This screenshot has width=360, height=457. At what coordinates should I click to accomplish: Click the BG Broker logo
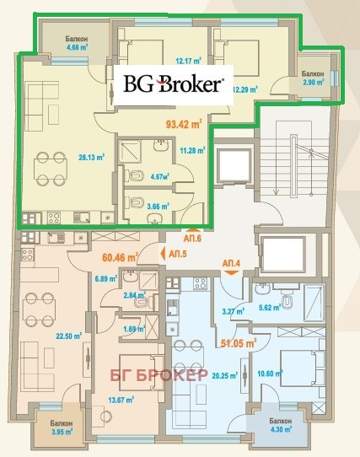(x=174, y=83)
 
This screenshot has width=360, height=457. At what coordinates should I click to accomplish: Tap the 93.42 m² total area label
(x=184, y=124)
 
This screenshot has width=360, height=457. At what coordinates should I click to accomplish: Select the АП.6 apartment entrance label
(x=192, y=239)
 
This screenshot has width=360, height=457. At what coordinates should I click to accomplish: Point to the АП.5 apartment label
(x=178, y=254)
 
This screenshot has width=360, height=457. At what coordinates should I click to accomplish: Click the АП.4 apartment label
(x=232, y=263)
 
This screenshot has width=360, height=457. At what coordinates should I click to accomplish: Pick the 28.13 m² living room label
(x=92, y=158)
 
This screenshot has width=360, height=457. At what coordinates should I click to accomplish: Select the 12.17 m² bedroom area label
(x=189, y=62)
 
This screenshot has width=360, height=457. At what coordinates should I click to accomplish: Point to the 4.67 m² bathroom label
(x=160, y=176)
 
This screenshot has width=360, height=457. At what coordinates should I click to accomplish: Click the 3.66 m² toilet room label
(x=158, y=207)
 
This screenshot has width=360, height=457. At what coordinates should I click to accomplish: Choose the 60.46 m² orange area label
(x=120, y=257)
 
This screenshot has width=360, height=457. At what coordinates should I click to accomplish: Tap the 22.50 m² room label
(x=69, y=336)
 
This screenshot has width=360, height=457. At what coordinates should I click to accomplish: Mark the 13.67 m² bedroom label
(x=121, y=401)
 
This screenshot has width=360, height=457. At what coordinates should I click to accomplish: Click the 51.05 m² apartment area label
(x=239, y=343)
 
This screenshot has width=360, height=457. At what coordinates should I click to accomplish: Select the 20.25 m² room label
(x=224, y=376)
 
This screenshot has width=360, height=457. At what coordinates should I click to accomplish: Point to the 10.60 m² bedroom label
(x=270, y=374)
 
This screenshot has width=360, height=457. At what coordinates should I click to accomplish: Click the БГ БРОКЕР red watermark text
(x=159, y=375)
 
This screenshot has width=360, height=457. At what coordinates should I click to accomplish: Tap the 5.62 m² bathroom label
(x=270, y=308)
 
